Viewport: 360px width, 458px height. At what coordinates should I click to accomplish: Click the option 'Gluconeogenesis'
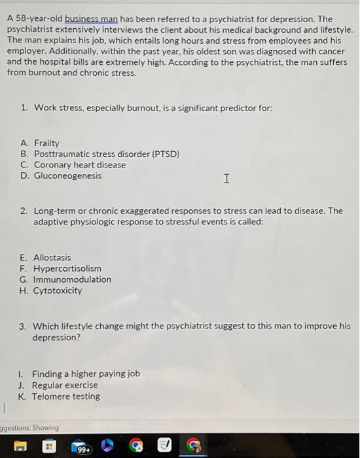pos(67,176)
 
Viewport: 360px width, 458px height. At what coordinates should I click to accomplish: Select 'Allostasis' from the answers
pos(52,258)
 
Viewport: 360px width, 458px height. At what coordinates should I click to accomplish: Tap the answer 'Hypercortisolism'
pos(67,269)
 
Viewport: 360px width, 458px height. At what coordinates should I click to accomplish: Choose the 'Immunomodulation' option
pos(72,279)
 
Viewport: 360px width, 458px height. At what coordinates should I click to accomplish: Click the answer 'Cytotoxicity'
pos(58,291)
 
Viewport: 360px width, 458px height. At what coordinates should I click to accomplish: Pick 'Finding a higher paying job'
pos(86,374)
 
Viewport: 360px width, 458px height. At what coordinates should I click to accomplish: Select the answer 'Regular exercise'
pos(65,385)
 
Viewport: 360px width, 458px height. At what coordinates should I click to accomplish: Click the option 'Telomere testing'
pos(66,396)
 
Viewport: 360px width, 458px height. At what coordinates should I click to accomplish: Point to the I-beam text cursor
pos(226,178)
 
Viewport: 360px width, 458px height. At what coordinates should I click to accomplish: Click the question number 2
pos(24,211)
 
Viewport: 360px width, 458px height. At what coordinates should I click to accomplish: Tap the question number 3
pos(24,325)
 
